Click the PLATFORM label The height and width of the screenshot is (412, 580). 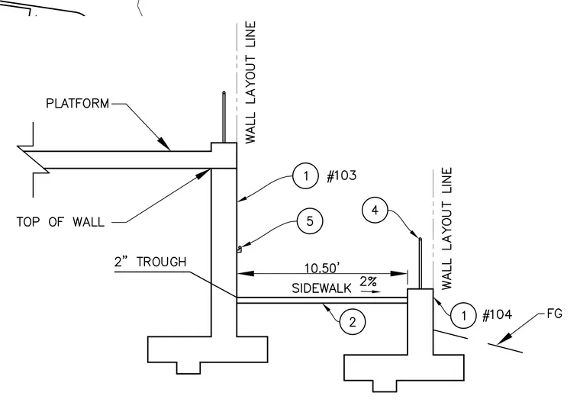coord(78,103)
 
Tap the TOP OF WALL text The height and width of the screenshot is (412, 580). coord(60,222)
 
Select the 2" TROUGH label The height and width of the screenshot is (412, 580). coord(150,262)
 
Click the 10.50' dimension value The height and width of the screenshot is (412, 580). coord(322,268)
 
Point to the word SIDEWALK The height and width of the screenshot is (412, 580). coord(321,288)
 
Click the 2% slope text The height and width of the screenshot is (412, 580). coord(368,282)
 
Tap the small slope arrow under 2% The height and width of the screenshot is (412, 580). coord(371,291)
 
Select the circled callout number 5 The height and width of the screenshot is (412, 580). coord(310,221)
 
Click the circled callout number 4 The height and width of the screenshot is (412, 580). coord(375,211)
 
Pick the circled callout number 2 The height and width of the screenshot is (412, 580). coord(353,322)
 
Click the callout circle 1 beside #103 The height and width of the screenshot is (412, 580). coord(305,175)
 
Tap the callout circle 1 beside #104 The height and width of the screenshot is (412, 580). coord(463,315)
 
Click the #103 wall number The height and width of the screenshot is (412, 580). coord(342,175)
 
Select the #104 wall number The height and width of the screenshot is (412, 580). coord(498,315)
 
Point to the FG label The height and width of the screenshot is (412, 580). coord(555,314)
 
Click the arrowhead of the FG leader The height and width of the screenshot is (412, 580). coord(504,339)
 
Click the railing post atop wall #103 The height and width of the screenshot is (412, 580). coord(224,117)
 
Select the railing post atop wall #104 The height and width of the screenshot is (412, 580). coord(420,263)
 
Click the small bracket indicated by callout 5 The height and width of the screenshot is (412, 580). coord(239,249)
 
